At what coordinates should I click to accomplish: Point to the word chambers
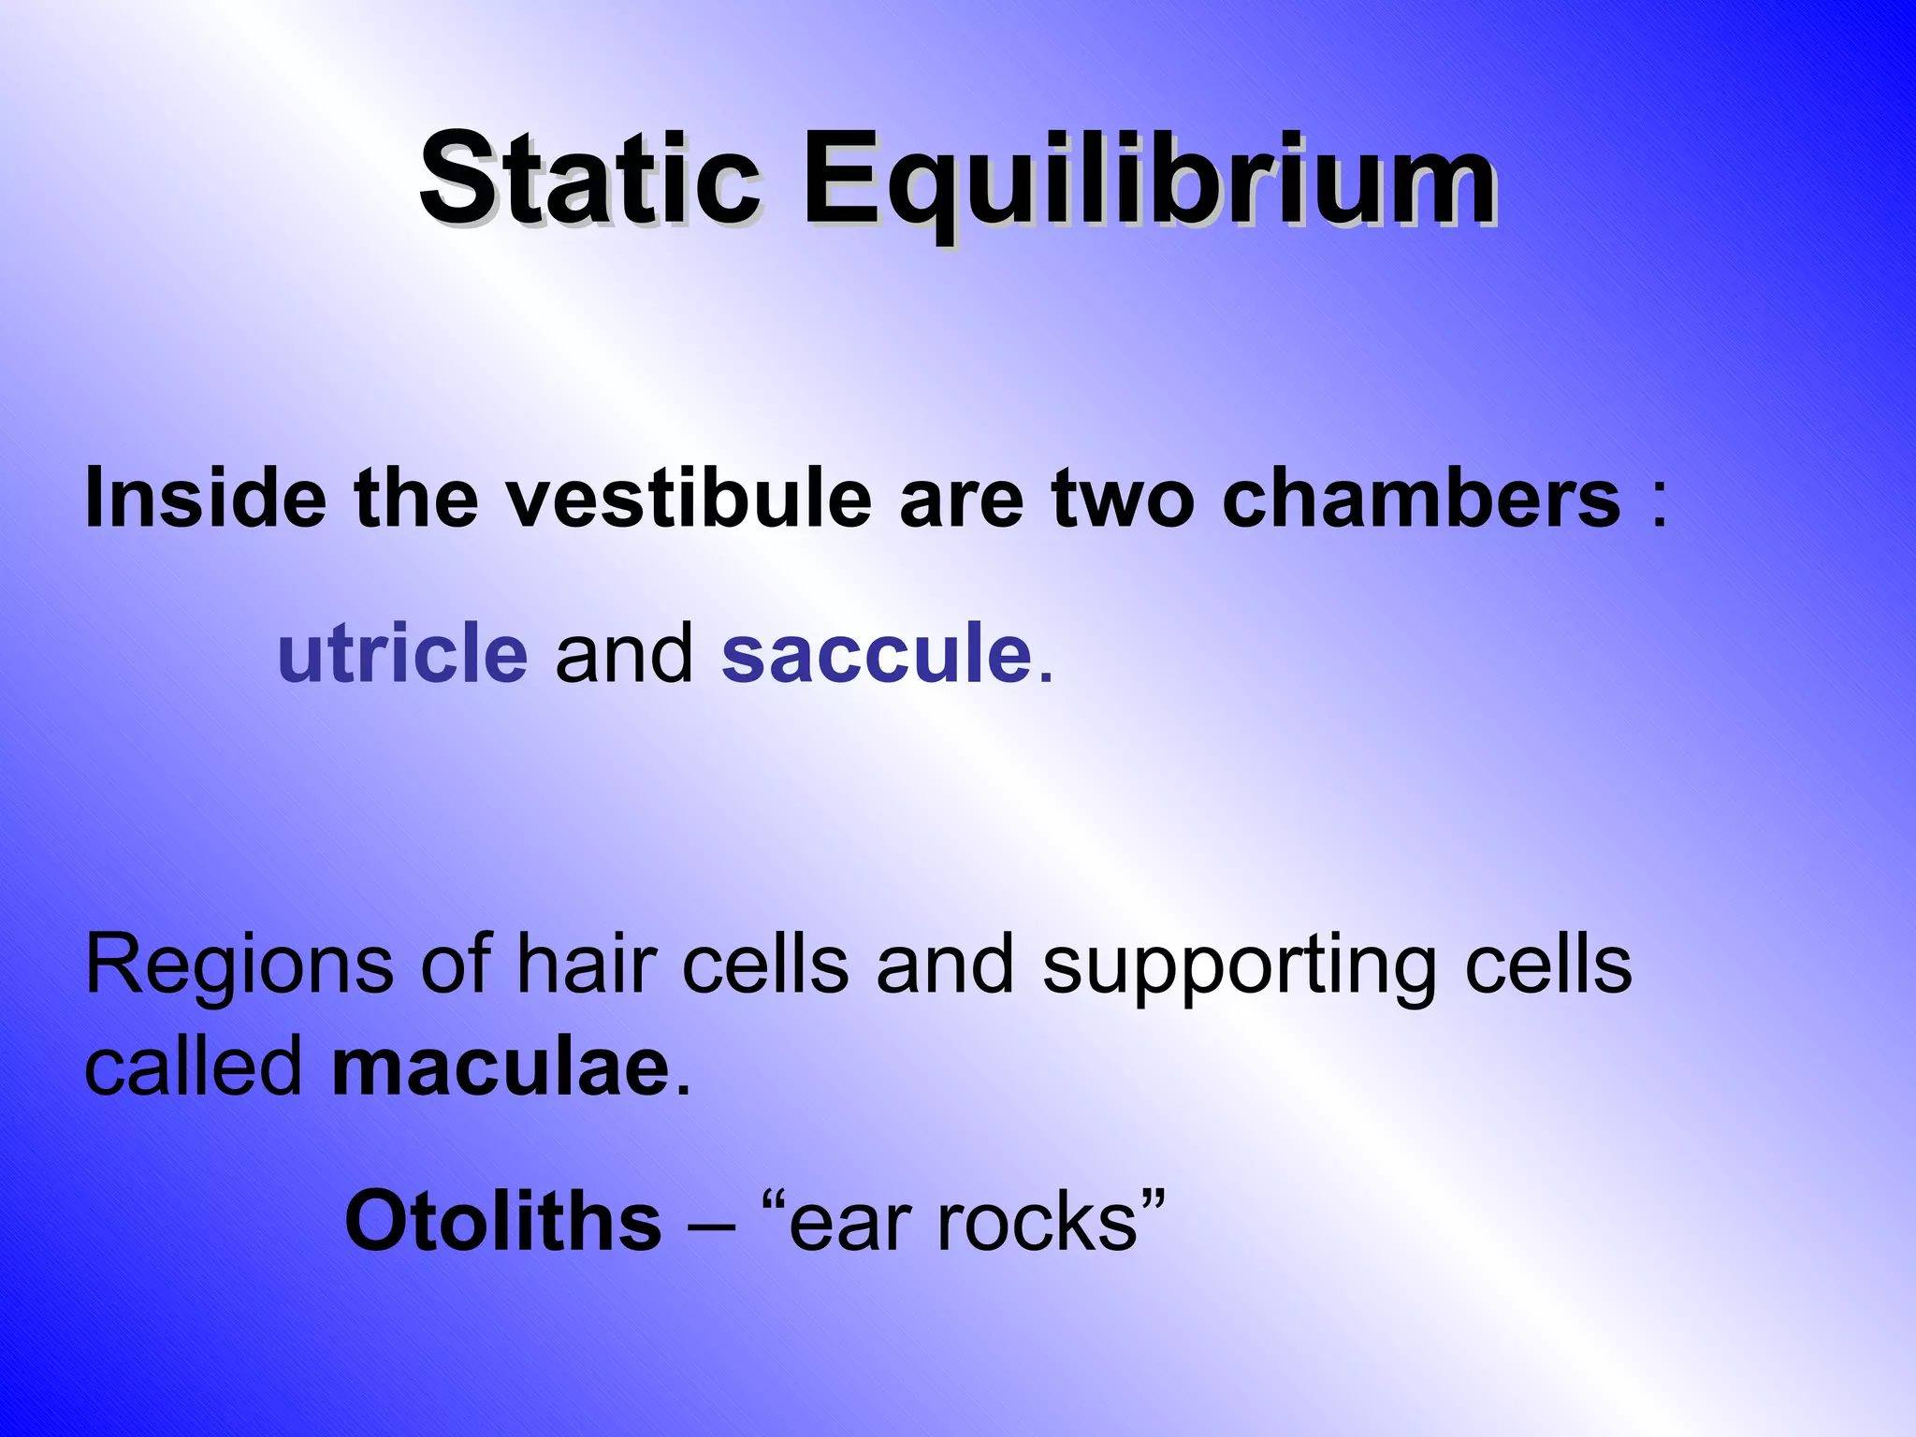tap(1421, 498)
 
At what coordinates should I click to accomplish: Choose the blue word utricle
tap(402, 652)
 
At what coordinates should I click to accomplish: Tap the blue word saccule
tap(877, 652)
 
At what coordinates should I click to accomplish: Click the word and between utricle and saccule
tap(624, 652)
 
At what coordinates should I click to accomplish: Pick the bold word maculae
tap(501, 1068)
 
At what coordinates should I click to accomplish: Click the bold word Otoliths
tap(503, 1221)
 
